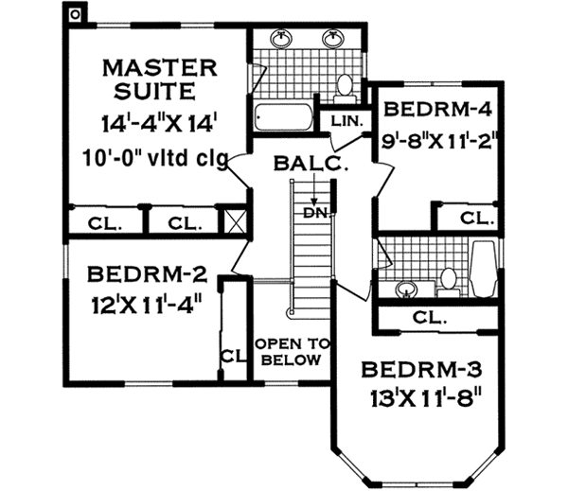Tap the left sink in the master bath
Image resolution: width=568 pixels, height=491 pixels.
click(x=283, y=40)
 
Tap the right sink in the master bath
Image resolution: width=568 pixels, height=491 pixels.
click(x=333, y=40)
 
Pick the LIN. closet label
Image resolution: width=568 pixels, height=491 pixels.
click(x=341, y=121)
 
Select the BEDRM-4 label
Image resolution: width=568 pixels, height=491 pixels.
click(x=435, y=109)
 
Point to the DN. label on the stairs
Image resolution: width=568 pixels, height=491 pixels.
click(x=315, y=213)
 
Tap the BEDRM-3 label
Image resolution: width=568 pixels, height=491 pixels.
click(x=414, y=368)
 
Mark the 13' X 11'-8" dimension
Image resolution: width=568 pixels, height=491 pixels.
click(x=415, y=398)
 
